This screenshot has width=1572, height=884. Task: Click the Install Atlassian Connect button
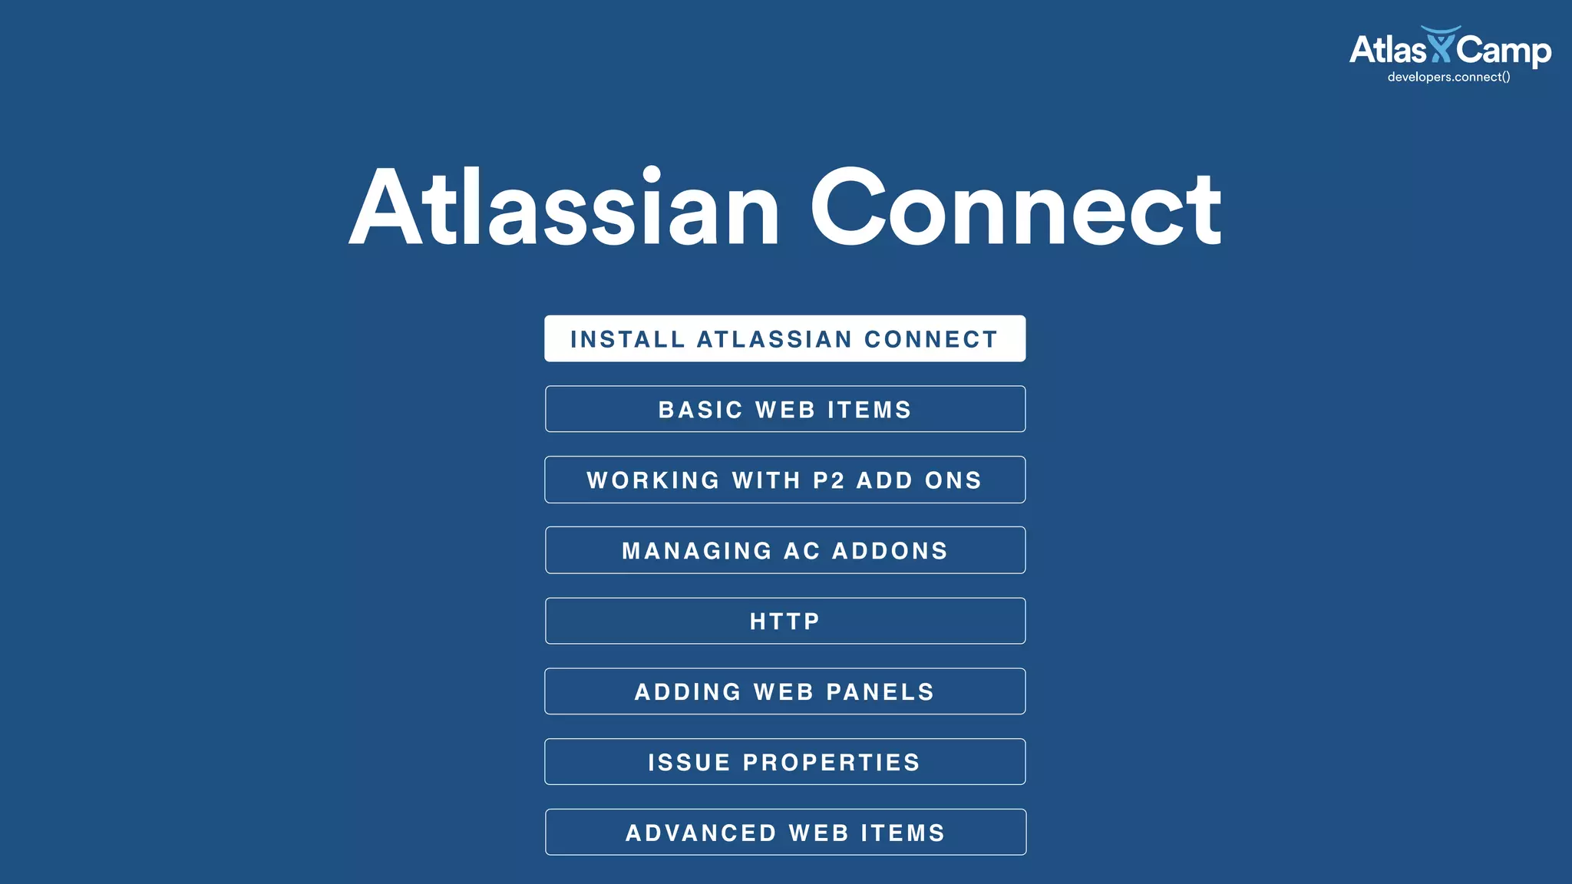(784, 338)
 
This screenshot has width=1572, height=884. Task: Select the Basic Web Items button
(784, 409)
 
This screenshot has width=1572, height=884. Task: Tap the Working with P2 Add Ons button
(784, 480)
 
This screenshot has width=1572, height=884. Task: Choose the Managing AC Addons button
(784, 550)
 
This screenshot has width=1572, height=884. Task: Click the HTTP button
(784, 621)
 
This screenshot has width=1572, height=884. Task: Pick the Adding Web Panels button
(784, 691)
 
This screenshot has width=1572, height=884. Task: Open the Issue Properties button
(784, 762)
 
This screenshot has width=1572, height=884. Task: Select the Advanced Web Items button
(784, 833)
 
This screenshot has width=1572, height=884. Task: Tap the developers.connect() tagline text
(1448, 77)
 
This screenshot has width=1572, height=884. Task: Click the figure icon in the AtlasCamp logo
(1440, 45)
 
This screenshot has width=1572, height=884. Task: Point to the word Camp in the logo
(1503, 51)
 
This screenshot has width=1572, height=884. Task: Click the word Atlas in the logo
(1387, 50)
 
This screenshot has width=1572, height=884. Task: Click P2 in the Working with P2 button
(829, 480)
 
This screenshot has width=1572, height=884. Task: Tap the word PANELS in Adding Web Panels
(880, 692)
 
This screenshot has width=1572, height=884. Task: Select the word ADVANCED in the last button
(701, 833)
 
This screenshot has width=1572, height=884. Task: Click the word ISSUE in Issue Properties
(689, 763)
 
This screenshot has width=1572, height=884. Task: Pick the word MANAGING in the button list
(697, 551)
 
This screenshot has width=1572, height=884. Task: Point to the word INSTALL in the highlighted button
(628, 339)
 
